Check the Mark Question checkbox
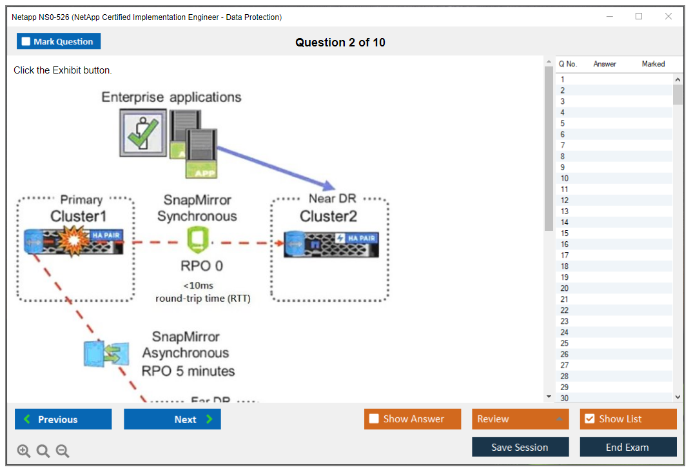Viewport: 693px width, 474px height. pos(26,42)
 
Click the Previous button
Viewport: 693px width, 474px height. pos(63,419)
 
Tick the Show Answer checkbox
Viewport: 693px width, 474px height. pos(374,419)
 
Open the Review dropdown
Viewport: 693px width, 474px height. pos(520,419)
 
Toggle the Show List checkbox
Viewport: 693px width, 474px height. pos(589,419)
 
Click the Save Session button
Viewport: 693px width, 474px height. pos(520,447)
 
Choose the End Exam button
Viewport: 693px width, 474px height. pos(627,447)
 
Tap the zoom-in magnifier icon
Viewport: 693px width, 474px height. pos(24,451)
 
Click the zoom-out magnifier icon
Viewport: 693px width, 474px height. pos(63,451)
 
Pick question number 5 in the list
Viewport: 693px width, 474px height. pos(563,123)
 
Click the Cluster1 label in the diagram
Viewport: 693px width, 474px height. pos(78,216)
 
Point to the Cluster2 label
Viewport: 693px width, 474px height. pos(328,216)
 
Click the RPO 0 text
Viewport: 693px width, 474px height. pos(202,266)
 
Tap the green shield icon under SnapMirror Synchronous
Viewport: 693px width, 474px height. pos(196,241)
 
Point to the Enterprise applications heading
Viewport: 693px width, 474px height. pos(171,97)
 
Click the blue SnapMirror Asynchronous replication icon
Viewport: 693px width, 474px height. pos(105,353)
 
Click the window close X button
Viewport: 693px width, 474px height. pos(668,17)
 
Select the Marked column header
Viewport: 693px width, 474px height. pos(653,64)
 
